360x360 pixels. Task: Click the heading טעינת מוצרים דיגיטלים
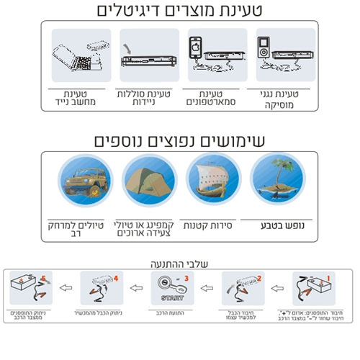(180, 11)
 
